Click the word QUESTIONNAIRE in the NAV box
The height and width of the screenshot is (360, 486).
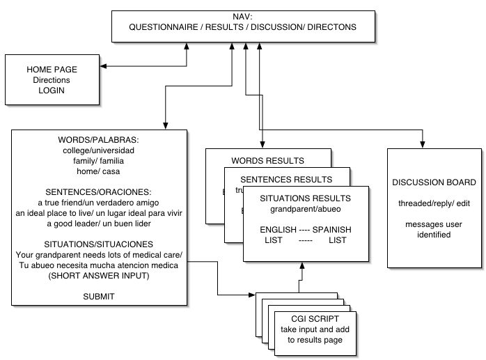(164, 27)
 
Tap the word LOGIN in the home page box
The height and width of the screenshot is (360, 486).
(52, 91)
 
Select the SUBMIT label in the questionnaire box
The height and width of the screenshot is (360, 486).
(99, 297)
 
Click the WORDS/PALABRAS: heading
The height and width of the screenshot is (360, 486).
(99, 140)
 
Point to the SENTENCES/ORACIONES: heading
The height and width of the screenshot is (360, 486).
(99, 192)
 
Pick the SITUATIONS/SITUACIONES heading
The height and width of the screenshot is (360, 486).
(99, 244)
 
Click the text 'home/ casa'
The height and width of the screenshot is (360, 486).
(98, 171)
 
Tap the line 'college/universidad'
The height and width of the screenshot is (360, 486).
(99, 150)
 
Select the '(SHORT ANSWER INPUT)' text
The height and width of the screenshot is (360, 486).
(99, 276)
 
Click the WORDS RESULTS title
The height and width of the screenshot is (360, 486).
(268, 161)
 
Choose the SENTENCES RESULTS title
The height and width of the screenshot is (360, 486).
(286, 179)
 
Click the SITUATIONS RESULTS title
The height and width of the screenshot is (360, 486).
(305, 198)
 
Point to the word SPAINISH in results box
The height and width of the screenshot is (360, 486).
(332, 230)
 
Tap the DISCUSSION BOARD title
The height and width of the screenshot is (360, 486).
(434, 182)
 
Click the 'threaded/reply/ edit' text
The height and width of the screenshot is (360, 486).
(434, 203)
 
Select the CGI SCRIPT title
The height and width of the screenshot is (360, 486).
(315, 319)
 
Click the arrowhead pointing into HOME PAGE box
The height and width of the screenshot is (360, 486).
(103, 66)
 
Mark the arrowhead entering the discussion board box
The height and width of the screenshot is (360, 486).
(422, 145)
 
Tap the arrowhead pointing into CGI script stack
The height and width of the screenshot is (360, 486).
(252, 295)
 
